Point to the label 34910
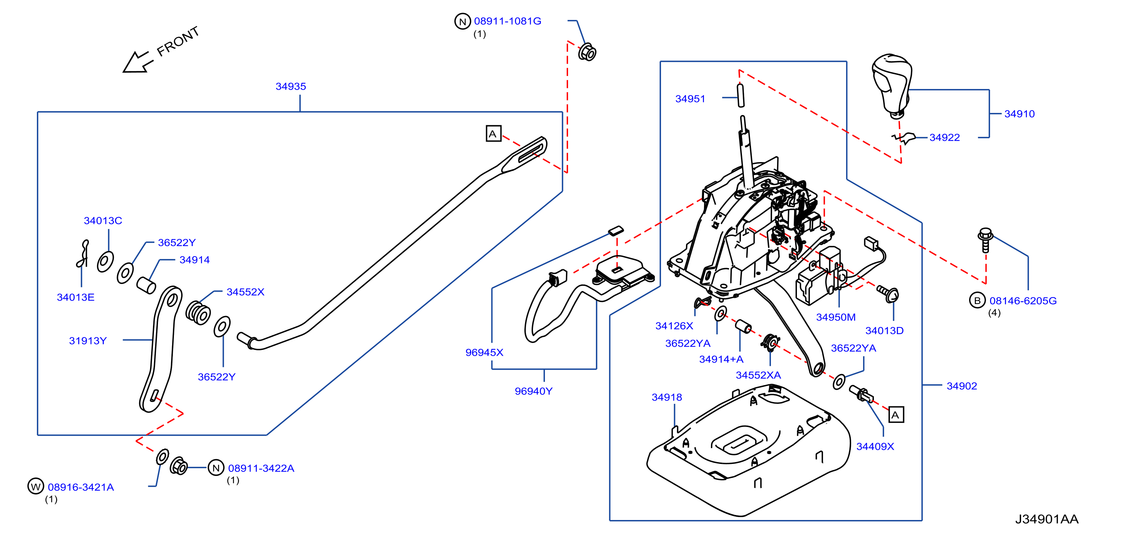(1019, 114)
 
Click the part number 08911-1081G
(507, 21)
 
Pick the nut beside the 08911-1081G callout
(587, 52)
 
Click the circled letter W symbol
(36, 486)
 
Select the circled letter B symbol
(977, 300)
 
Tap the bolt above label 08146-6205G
(985, 240)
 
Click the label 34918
(666, 397)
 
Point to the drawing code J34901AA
(1047, 519)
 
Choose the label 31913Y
(88, 341)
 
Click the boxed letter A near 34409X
(896, 415)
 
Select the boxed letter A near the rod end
(494, 134)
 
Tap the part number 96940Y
(534, 391)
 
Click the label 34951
(690, 99)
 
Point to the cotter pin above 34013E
(82, 254)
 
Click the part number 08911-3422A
(261, 468)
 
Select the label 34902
(962, 386)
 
